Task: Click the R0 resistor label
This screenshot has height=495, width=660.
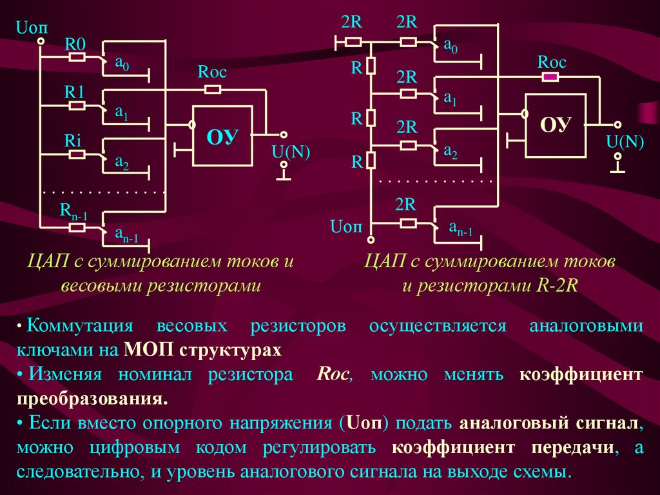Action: [x=75, y=44]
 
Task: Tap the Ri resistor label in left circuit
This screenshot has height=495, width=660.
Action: [x=73, y=140]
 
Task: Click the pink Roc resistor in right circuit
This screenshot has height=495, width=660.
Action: [x=550, y=77]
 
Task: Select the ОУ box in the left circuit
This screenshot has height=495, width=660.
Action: [x=222, y=137]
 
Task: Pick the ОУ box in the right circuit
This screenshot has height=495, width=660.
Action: [x=556, y=125]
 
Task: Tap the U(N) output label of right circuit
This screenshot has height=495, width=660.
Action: [x=625, y=141]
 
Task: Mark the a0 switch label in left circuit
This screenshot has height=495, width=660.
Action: [x=122, y=63]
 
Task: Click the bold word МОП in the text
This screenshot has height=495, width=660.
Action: [x=145, y=350]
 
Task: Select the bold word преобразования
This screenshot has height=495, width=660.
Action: [x=92, y=398]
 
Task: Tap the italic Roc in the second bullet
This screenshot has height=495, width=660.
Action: [x=334, y=375]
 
